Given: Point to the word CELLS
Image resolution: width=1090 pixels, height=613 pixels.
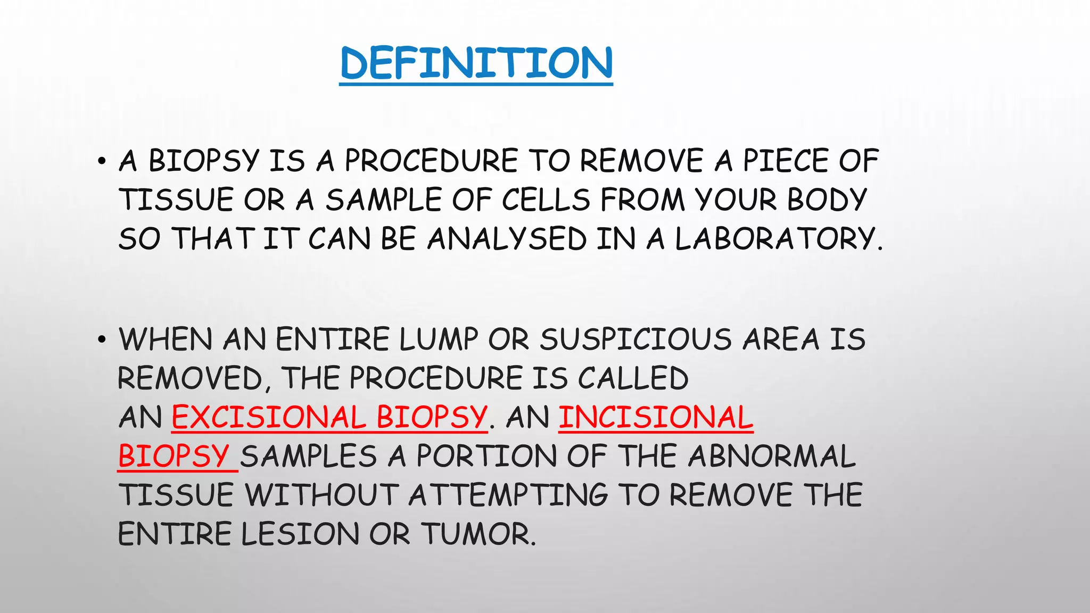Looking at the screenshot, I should (546, 200).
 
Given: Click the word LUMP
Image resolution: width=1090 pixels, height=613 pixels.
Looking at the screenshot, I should (439, 339).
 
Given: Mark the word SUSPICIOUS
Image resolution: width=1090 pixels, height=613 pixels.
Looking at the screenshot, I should (636, 339).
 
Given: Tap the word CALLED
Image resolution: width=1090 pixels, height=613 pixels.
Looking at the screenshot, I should (633, 378).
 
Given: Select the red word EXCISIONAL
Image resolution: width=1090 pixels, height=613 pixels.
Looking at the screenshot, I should (268, 417).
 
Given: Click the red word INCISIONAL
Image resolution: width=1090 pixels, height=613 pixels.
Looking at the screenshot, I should (656, 417).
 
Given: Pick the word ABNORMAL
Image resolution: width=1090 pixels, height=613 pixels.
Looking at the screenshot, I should (772, 457).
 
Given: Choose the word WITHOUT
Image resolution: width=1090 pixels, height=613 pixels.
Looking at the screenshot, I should (321, 495).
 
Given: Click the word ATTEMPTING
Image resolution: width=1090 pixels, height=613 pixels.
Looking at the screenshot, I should (508, 495).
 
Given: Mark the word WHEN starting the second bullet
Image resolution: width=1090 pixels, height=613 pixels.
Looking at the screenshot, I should (166, 339).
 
